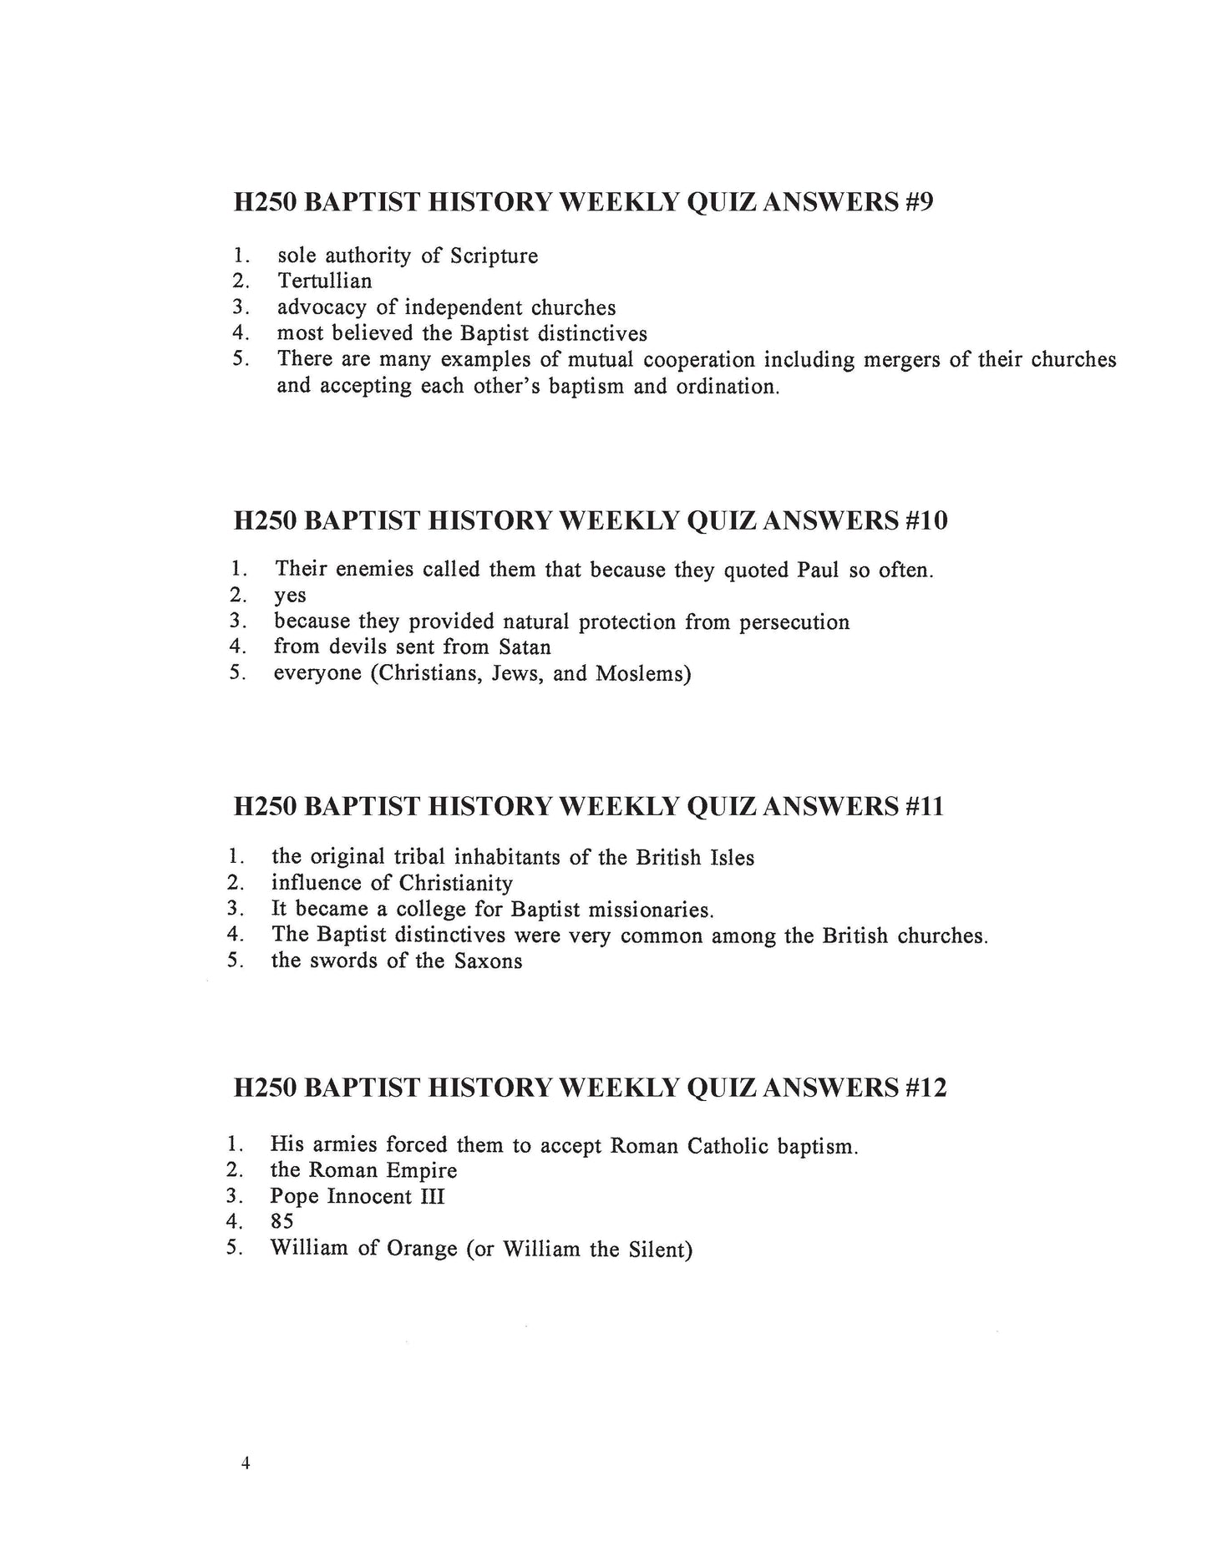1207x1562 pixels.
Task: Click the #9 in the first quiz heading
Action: (918, 203)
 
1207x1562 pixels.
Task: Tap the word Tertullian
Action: (325, 281)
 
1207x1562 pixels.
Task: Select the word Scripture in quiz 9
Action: (494, 256)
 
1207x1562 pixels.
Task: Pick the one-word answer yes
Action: (290, 596)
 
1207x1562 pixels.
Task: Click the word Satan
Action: (525, 647)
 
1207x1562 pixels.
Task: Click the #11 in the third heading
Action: (924, 807)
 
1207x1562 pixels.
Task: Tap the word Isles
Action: (731, 858)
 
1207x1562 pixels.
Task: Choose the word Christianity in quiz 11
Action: (455, 883)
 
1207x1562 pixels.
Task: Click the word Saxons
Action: (489, 961)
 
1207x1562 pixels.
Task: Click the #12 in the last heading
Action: (926, 1088)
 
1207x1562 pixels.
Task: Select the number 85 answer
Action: (281, 1222)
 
